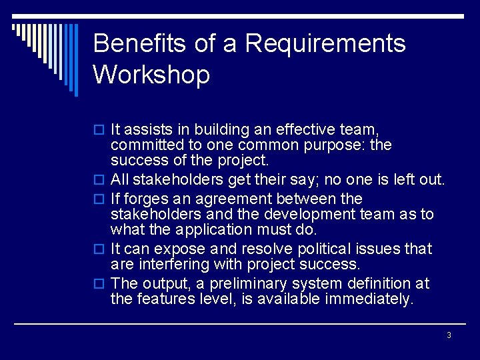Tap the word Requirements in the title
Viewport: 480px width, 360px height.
pos(325,44)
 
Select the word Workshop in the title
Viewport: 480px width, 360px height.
pos(151,74)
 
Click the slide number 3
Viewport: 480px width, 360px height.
pos(449,335)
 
